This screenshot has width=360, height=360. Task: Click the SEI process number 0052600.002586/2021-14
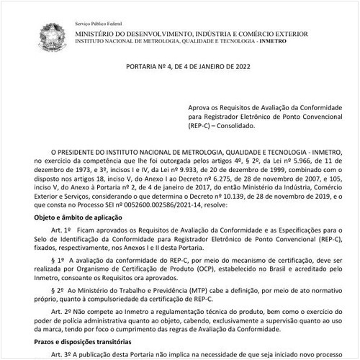(x=145, y=205)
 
